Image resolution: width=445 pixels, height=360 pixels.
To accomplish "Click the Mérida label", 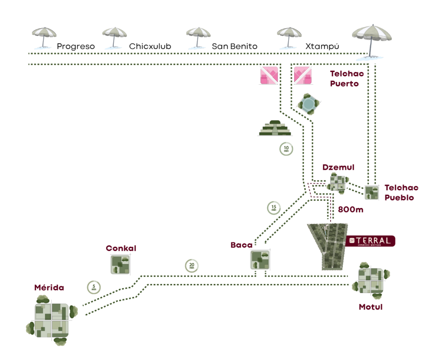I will [49, 287].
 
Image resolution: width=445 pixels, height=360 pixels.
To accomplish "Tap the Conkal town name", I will [121, 248].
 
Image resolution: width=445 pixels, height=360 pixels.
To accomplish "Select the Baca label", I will [242, 245].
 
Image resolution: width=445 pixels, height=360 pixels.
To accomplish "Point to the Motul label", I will [370, 307].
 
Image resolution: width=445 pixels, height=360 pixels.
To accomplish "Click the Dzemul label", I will [338, 167].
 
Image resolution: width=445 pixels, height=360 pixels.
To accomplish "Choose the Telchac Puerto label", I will [346, 79].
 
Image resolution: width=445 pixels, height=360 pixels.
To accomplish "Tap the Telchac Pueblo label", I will [401, 192].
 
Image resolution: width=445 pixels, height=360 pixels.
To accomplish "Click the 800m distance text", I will [350, 209].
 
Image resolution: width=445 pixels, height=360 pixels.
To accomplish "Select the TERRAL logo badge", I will [370, 241].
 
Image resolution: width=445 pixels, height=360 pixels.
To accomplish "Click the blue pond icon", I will [309, 103].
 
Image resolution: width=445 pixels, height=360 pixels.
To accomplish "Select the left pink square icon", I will [269, 75].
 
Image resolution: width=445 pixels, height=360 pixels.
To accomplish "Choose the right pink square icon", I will [303, 75].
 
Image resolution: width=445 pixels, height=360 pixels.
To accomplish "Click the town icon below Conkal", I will [120, 264].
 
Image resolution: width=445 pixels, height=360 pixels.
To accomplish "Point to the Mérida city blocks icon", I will [51, 320].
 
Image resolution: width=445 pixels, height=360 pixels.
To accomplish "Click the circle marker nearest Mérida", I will [94, 287].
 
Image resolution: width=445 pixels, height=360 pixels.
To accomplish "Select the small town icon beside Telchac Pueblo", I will [371, 192].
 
